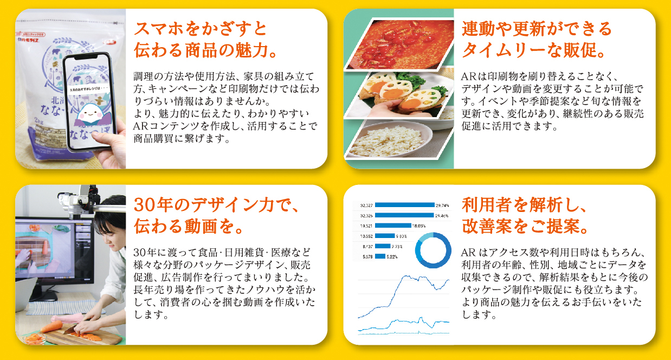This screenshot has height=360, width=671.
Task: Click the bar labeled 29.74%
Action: (404, 205)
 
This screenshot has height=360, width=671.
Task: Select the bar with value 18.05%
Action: (393, 226)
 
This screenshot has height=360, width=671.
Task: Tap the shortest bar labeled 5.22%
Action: (380, 256)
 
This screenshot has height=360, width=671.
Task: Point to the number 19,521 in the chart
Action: (366, 226)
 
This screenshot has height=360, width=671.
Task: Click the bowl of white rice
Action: (389, 140)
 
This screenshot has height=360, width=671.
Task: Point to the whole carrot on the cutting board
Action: (51, 326)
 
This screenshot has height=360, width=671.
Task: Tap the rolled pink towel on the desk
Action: (67, 318)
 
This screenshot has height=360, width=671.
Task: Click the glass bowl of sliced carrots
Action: (35, 339)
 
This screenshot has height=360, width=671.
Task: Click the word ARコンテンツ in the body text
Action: (167, 126)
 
